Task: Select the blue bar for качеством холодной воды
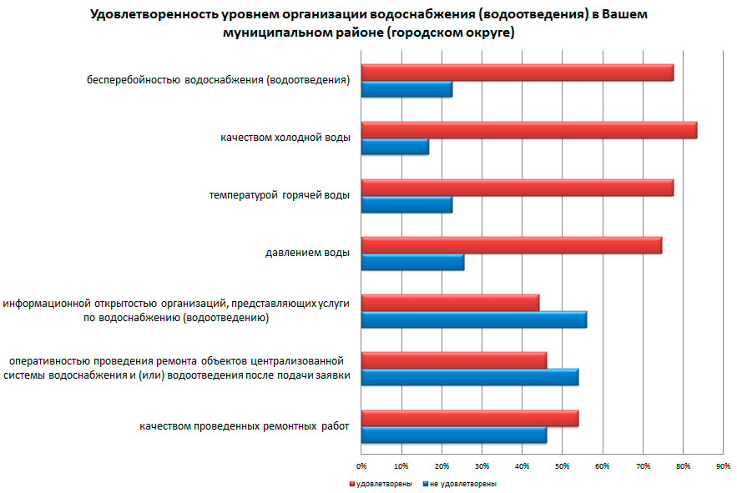coord(395,148)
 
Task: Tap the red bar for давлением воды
coord(511,245)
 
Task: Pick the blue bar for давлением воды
coord(412,263)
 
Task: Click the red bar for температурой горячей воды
coord(517,188)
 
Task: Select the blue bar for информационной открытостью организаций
coord(473,319)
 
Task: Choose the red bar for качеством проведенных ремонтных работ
coord(469,418)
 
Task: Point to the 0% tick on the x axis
coord(361,465)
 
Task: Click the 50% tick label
coord(563,465)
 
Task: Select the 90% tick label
coord(723,465)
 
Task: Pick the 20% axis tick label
coord(442,465)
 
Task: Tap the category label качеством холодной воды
coord(285,138)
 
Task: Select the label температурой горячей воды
coord(279,194)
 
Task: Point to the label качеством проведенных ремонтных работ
coord(244,427)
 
